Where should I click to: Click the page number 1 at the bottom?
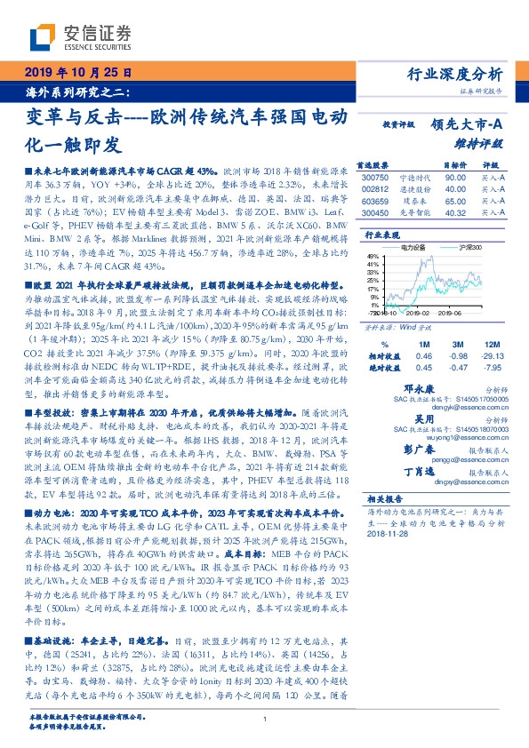point(265,720)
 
